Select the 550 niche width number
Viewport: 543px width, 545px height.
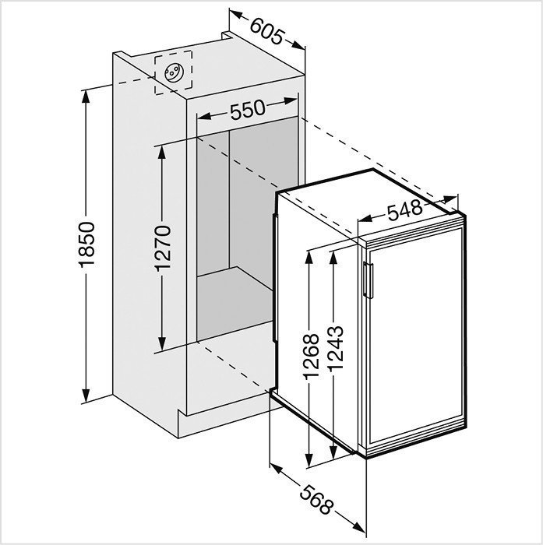pos(248,109)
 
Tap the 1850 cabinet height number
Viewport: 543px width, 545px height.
pos(86,244)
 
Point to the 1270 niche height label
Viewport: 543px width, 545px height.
pos(163,248)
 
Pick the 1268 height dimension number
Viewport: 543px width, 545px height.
pos(311,357)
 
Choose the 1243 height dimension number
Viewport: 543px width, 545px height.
pos(335,347)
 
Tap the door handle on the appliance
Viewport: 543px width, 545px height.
pos(368,280)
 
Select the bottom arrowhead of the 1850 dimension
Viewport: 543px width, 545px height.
pos(86,396)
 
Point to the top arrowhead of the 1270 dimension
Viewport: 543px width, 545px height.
pos(162,152)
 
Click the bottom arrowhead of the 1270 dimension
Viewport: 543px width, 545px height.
pos(162,343)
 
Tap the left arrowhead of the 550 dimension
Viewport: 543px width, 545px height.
pos(205,115)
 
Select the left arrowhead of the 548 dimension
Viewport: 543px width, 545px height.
pos(365,218)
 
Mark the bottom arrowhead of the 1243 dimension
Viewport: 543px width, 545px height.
pos(333,452)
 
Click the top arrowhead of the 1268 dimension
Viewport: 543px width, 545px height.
pos(309,258)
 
